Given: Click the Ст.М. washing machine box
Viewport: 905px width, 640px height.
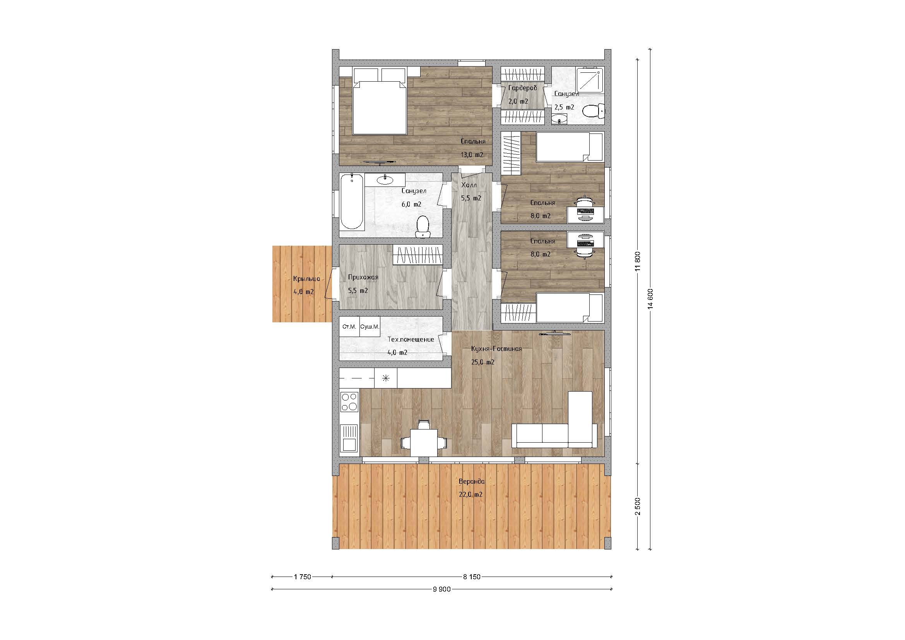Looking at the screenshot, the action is point(350,327).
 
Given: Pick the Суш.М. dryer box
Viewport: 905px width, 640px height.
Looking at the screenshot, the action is point(370,327).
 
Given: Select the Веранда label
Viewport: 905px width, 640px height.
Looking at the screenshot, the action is point(471,481).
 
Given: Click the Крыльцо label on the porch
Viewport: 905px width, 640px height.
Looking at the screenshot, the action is point(306,279).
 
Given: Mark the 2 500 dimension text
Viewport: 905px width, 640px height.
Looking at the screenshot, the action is point(638,506).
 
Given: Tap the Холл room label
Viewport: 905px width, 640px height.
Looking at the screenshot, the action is point(469,185).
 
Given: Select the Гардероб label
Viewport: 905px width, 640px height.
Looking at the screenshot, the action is point(522,88).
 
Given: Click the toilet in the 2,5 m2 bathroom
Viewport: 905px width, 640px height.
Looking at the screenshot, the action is point(593,111).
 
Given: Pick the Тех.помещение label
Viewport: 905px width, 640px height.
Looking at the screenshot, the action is point(411,339).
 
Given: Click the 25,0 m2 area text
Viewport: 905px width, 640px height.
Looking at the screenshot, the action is point(483,362).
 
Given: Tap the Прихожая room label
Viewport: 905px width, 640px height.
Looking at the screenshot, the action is point(363,277).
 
